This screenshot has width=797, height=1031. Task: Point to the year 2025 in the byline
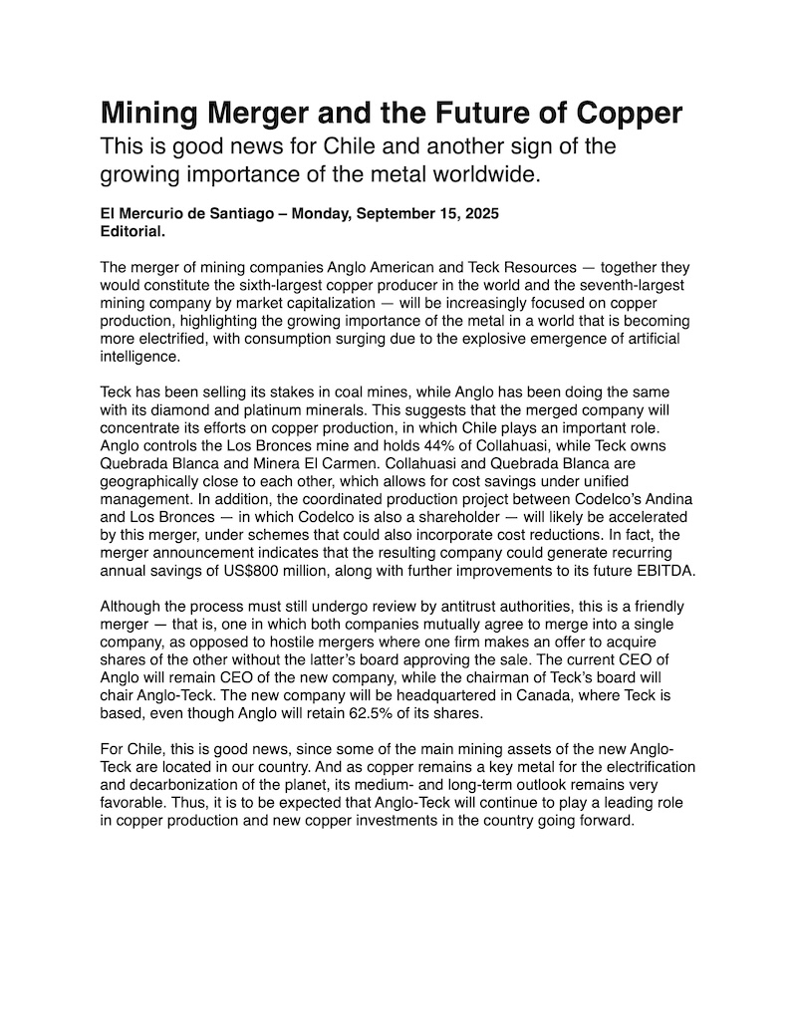pyautogui.click(x=475, y=214)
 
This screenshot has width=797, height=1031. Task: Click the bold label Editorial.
pyautogui.click(x=133, y=231)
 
